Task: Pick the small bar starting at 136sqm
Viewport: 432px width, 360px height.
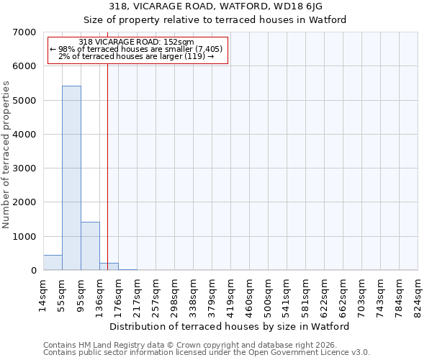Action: (x=109, y=266)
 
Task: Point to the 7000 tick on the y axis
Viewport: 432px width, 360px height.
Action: (x=24, y=32)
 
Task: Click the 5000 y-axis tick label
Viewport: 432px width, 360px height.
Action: (x=24, y=101)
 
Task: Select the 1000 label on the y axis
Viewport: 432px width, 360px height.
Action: (x=24, y=237)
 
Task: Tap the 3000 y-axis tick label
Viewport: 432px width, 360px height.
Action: (x=24, y=168)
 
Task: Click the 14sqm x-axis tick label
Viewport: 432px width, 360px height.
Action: (x=43, y=292)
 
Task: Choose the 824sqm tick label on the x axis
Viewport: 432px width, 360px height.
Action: (x=418, y=292)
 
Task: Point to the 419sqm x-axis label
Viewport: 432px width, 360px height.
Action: (x=230, y=292)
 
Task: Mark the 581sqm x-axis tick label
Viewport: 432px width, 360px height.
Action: (x=305, y=292)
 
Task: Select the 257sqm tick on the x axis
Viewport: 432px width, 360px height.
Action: (x=156, y=292)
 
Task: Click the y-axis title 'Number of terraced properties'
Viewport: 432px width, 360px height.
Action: (x=7, y=154)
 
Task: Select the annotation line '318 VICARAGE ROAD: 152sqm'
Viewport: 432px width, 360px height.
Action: (x=136, y=42)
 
